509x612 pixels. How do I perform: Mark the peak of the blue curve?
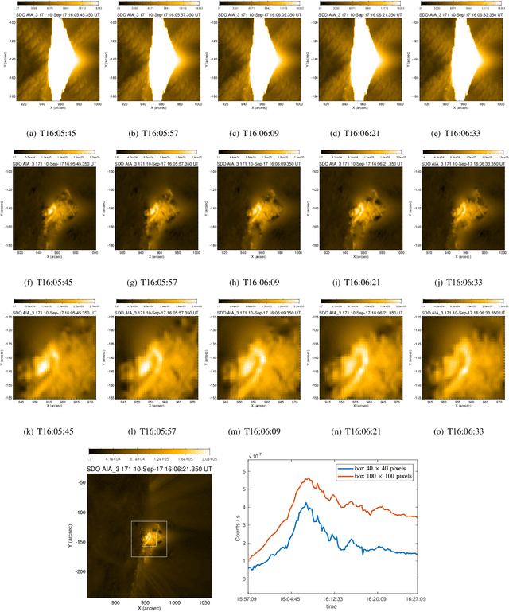click(x=303, y=503)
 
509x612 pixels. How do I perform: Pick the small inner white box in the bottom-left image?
click(x=149, y=539)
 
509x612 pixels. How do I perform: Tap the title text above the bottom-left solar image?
click(x=150, y=470)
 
